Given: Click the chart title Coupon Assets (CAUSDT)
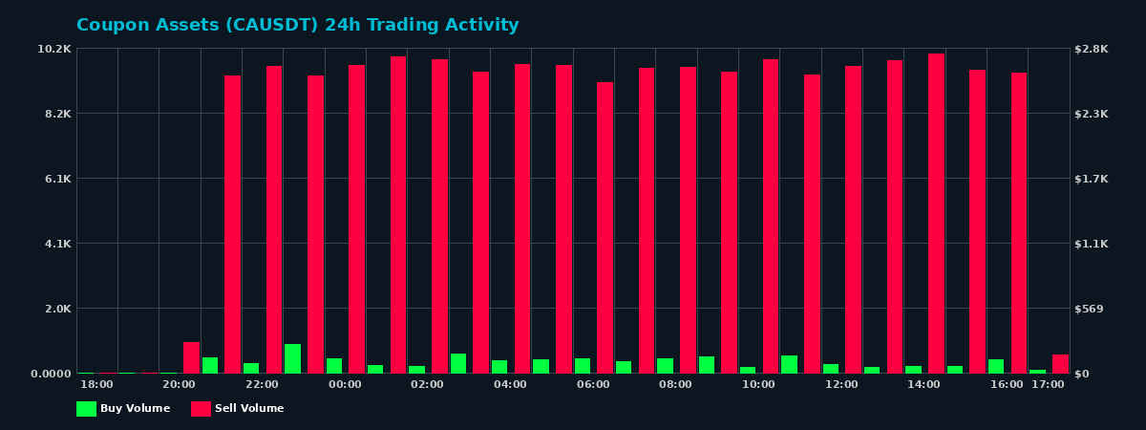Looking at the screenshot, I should click(297, 26).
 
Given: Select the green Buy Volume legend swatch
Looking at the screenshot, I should click(86, 409).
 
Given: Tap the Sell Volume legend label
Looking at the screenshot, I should click(249, 409).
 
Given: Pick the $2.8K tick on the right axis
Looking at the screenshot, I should click(1092, 49).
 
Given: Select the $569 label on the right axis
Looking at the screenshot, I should click(1089, 309).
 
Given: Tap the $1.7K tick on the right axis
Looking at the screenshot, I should click(1092, 179).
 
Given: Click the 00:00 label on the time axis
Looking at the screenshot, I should click(345, 385).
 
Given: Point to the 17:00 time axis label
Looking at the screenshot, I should click(1048, 385).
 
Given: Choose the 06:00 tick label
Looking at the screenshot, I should click(593, 385).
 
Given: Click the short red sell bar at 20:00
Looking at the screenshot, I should click(191, 357).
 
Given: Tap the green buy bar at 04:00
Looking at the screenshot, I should click(499, 367).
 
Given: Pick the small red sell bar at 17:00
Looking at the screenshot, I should click(1060, 364).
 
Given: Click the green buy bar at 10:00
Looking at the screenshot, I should click(748, 370).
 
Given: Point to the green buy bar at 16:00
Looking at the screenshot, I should click(996, 366).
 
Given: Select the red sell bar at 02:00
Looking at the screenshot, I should click(439, 216).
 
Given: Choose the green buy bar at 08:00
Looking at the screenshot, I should click(665, 366).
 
